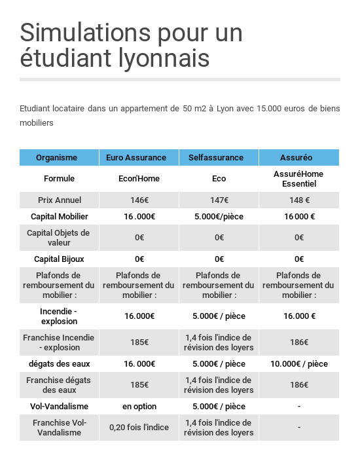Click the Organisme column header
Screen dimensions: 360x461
click(x=56, y=158)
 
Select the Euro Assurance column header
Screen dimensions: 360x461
click(x=139, y=158)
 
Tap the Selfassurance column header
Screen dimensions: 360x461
click(x=219, y=158)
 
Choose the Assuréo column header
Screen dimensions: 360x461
click(x=299, y=158)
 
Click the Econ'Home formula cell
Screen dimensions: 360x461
click(x=139, y=179)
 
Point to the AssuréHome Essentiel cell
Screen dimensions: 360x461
click(x=299, y=179)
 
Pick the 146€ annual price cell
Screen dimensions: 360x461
click(x=139, y=200)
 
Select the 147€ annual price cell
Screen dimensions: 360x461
click(x=219, y=200)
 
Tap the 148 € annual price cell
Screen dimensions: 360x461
click(x=299, y=200)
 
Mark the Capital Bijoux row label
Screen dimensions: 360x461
click(x=59, y=259)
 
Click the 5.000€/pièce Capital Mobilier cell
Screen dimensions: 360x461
click(x=219, y=217)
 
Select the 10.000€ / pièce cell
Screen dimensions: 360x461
click(x=299, y=364)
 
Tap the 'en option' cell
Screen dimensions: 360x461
click(x=139, y=407)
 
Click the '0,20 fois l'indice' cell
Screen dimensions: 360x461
click(x=139, y=428)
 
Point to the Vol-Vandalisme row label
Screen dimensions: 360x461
click(x=59, y=407)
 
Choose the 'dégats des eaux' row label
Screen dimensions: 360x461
click(x=59, y=364)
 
